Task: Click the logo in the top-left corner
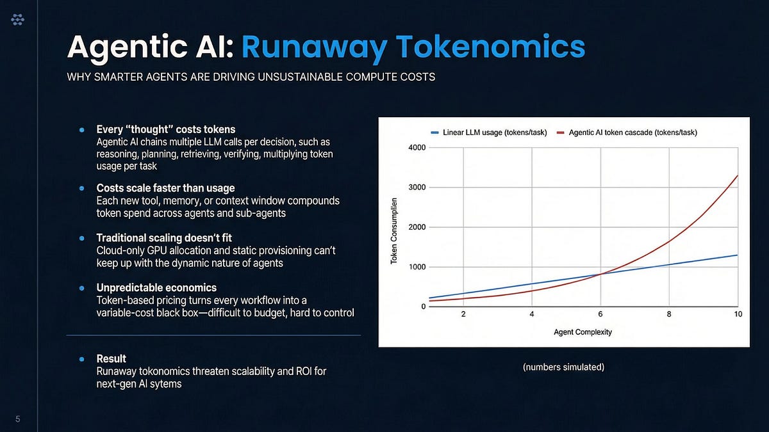[18, 21]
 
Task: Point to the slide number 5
[18, 419]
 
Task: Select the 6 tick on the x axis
[600, 315]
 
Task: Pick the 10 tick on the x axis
[738, 315]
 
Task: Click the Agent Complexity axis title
[583, 332]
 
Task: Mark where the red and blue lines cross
[600, 275]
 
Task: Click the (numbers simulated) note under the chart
[563, 367]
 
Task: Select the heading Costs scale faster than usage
[165, 188]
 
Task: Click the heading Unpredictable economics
[156, 288]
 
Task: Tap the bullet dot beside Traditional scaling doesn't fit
[82, 238]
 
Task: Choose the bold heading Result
[111, 358]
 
